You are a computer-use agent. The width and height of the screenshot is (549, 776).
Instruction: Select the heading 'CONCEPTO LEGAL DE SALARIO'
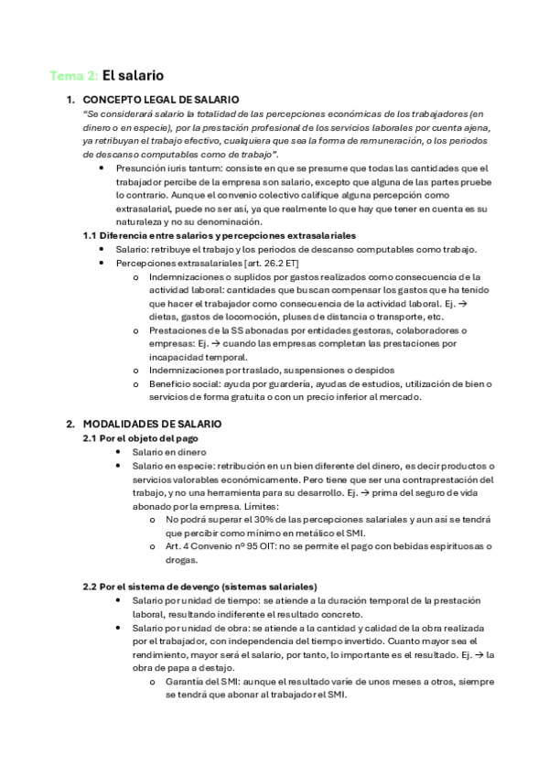160,99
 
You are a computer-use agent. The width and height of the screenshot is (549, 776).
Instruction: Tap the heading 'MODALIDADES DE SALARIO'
152,425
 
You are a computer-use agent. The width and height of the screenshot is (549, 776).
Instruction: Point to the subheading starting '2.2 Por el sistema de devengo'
200,586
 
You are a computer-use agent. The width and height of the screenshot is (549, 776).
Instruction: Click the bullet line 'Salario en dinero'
168,452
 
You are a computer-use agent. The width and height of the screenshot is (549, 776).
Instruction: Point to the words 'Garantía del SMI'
206,682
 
